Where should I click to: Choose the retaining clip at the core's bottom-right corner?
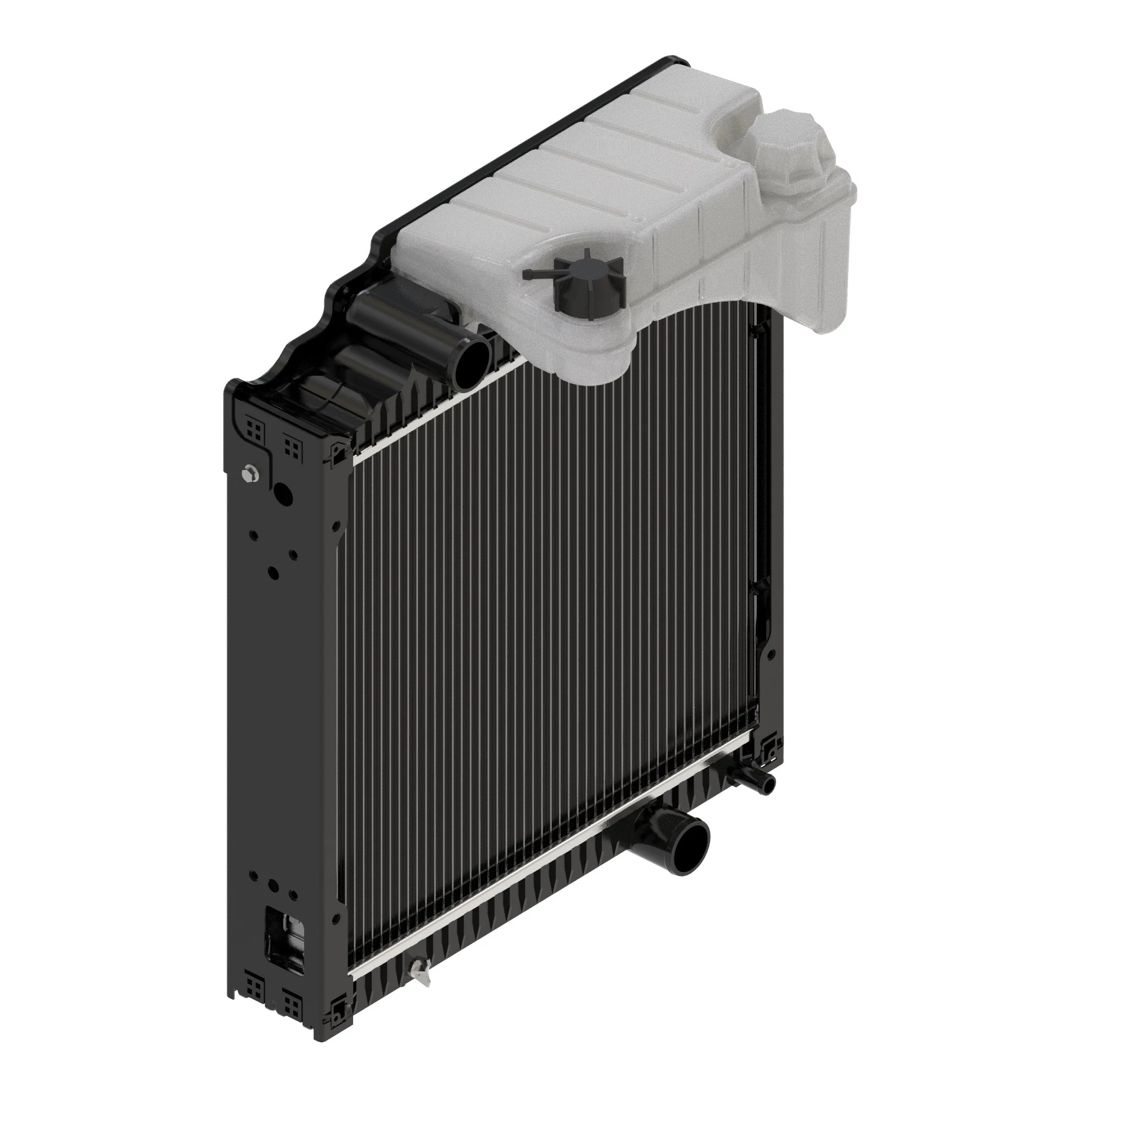coord(769,747)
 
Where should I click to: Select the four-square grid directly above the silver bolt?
coord(254,430)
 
